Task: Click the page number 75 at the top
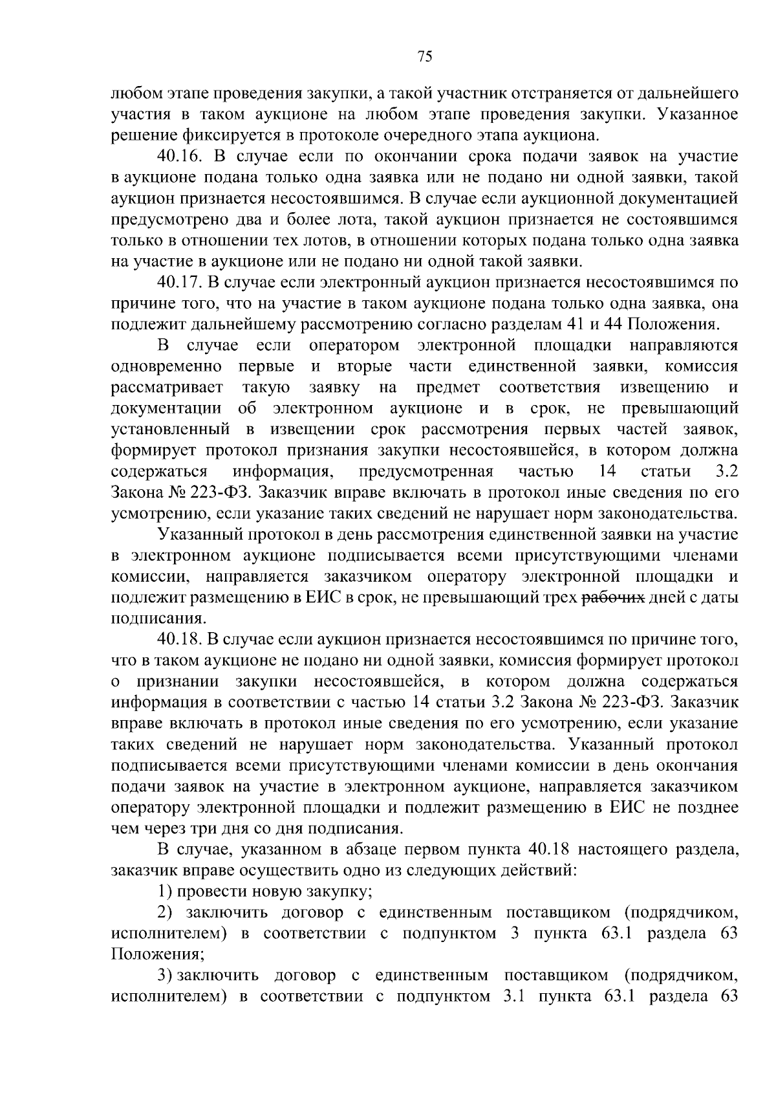point(424,57)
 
